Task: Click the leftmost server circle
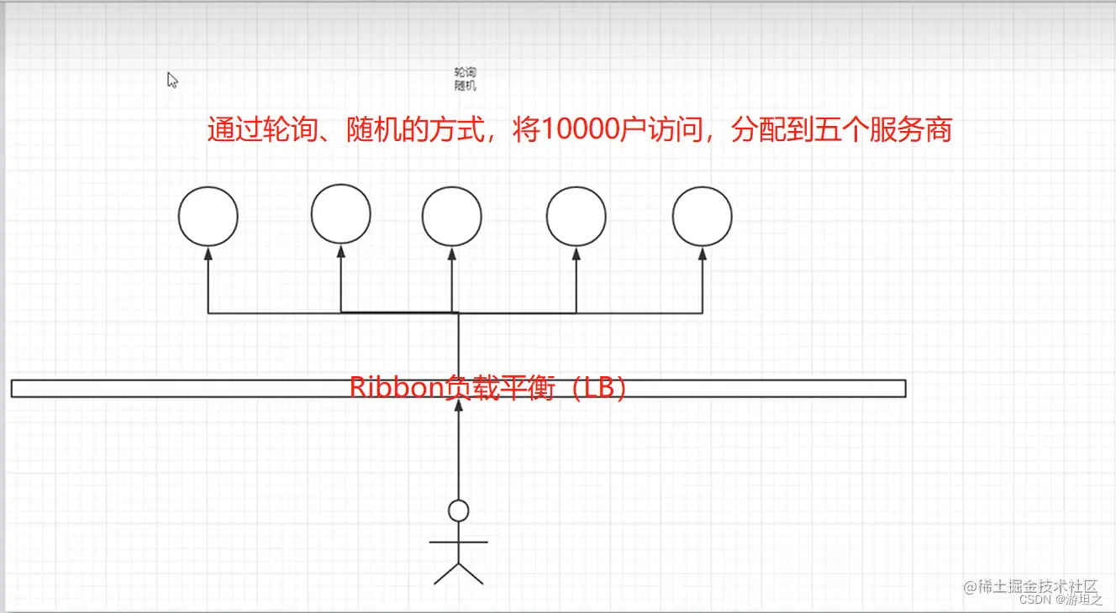point(208,216)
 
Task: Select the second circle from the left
point(340,214)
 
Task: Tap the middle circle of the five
point(452,216)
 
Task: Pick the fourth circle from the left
point(576,216)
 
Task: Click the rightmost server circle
point(703,216)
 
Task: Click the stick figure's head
point(458,511)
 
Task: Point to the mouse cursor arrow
point(171,79)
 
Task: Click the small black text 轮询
point(465,73)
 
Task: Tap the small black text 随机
point(465,85)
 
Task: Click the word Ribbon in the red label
point(395,389)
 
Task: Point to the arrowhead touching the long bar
point(458,406)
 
